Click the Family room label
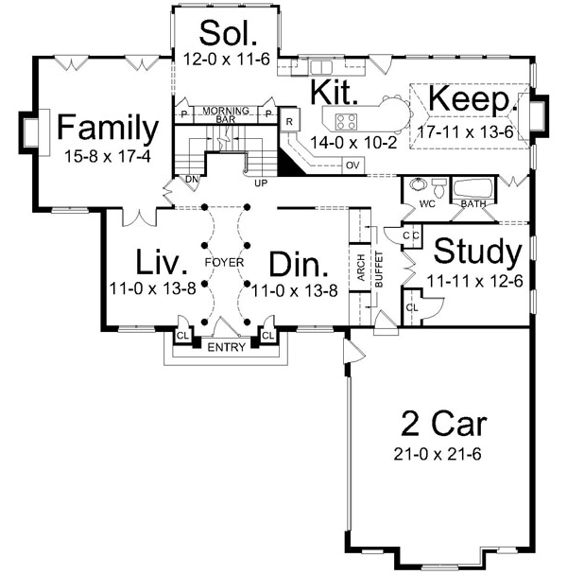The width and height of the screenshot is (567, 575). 106,127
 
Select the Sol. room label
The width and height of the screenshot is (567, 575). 228,34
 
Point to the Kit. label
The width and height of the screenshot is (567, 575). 335,92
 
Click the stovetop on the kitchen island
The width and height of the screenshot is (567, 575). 346,120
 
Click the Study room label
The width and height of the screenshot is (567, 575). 477,253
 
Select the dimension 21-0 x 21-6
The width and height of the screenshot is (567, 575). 438,454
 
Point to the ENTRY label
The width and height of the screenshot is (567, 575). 226,347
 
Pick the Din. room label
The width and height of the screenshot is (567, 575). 298,261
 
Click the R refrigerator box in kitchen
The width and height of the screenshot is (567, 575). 289,120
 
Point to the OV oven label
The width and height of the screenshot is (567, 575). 352,165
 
